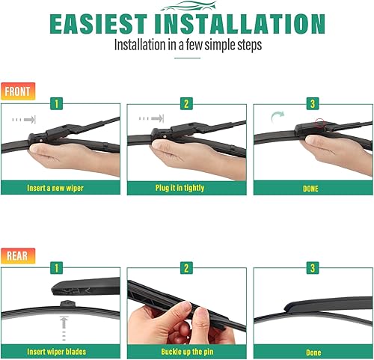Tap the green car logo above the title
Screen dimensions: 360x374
187,6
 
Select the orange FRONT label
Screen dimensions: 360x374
18,91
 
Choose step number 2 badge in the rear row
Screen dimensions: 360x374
186,266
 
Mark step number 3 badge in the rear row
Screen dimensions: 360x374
312,266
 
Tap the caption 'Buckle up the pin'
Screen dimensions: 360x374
186,352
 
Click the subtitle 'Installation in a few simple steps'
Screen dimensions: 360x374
187,45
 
